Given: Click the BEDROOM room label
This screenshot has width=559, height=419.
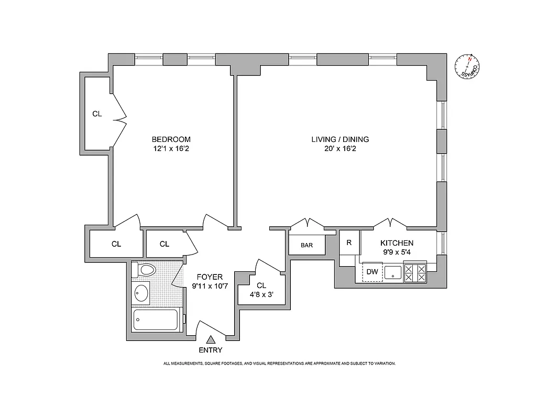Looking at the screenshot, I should click(171, 139).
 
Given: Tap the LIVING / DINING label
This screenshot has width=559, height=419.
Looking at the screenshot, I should click(340, 139).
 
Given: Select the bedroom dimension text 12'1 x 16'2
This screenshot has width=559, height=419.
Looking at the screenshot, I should click(171, 149).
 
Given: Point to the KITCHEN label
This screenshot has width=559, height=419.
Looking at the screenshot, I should click(397, 243).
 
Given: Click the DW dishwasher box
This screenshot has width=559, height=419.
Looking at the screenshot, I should click(372, 271).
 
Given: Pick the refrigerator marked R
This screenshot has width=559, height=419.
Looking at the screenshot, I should click(349, 242).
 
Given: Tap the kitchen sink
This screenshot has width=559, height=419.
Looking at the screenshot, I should click(393, 272).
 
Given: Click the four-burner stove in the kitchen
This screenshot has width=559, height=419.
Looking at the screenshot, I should click(415, 272).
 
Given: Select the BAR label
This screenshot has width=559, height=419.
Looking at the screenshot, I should click(306, 245).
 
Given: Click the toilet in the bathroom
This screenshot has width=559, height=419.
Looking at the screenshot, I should click(145, 270).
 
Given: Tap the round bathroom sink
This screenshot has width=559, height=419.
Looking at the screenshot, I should click(141, 293).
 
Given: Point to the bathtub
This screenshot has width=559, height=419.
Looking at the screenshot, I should click(156, 319).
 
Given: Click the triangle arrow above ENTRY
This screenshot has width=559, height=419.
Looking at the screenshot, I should click(210, 340).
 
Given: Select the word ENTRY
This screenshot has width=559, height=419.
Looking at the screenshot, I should click(210, 350).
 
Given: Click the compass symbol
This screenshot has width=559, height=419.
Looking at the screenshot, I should click(467, 67).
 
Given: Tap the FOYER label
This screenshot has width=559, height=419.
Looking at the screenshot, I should click(210, 277).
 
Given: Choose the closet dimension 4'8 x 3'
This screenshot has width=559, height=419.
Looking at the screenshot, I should click(261, 295).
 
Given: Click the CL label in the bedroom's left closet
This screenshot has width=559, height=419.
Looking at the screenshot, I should click(97, 114).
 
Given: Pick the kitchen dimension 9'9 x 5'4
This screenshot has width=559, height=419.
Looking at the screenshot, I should click(397, 252).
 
